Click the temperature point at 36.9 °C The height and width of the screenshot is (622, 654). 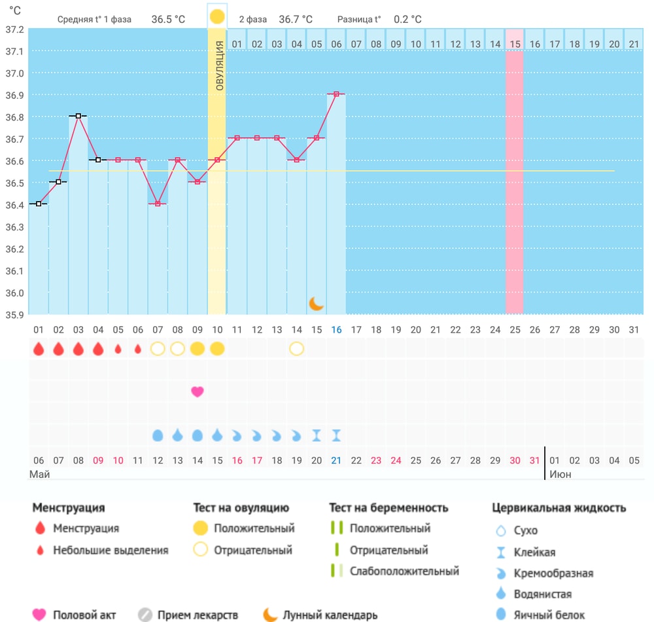tap(336, 94)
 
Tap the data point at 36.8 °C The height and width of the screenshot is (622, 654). tap(78, 116)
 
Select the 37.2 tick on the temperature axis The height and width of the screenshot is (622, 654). tap(14, 29)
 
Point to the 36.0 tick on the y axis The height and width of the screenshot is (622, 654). tap(14, 293)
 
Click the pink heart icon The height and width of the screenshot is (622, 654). tap(198, 392)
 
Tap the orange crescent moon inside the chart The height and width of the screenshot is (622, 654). tap(316, 304)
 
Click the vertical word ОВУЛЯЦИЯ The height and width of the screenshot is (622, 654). tap(220, 65)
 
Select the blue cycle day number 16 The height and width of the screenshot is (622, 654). tap(336, 330)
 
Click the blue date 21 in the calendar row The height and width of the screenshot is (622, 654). tap(336, 460)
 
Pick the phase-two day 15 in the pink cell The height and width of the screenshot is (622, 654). tap(515, 45)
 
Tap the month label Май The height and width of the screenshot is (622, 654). tap(40, 475)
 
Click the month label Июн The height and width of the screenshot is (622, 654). tap(560, 475)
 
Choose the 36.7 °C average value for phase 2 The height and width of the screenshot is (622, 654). tap(296, 19)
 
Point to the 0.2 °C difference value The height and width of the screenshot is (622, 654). tap(407, 19)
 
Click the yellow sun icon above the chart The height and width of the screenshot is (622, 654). tap(217, 17)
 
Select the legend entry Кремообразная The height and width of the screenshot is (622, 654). tap(553, 573)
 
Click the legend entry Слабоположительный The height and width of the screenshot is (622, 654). tap(404, 571)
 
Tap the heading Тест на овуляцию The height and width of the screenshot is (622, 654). tap(241, 507)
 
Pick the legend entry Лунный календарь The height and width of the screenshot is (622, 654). tap(330, 615)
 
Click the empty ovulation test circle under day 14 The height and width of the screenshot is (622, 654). tap(296, 348)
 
